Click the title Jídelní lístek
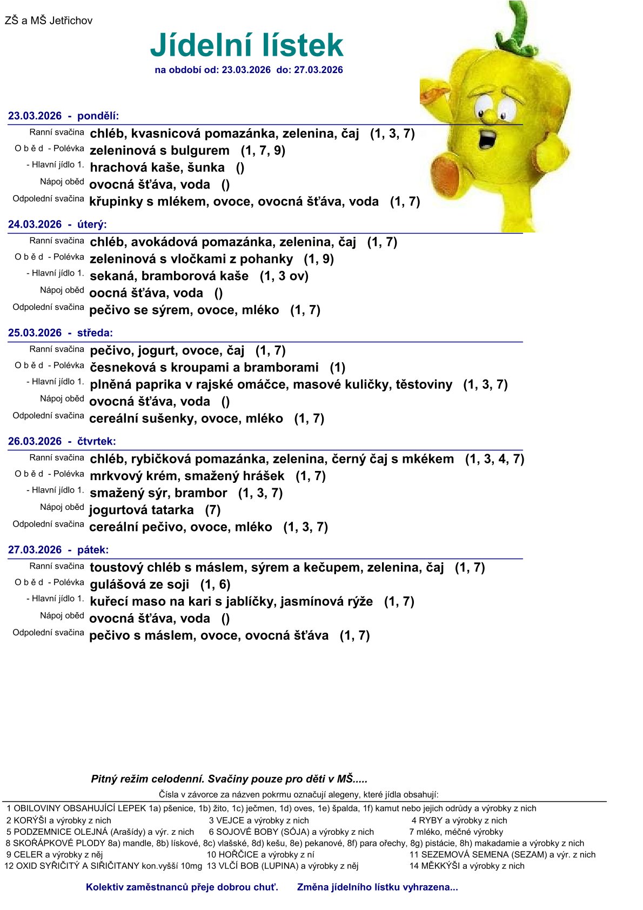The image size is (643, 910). pos(246,45)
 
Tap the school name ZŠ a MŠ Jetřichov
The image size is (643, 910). pos(49,21)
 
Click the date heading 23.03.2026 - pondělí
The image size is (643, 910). pos(63,116)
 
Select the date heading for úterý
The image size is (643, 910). pos(57,224)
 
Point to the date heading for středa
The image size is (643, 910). pos(61,333)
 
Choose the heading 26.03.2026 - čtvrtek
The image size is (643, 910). pos(62,441)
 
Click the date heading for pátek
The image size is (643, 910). pos(58,550)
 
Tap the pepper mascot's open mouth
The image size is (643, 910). pos(487,138)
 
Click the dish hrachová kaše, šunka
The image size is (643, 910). pos(157,168)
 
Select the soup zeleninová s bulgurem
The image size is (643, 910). pos(159,150)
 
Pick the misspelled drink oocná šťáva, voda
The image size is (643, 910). pos(146,293)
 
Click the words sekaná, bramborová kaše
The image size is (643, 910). pos(169,276)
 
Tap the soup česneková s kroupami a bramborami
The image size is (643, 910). pos(204,368)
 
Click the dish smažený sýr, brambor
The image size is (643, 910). pos(158,493)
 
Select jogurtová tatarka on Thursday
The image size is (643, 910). pos(142,510)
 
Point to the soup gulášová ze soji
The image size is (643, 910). pos(139,584)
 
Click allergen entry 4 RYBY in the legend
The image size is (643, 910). pos(459,820)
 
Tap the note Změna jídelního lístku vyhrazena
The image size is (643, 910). pos(377,887)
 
